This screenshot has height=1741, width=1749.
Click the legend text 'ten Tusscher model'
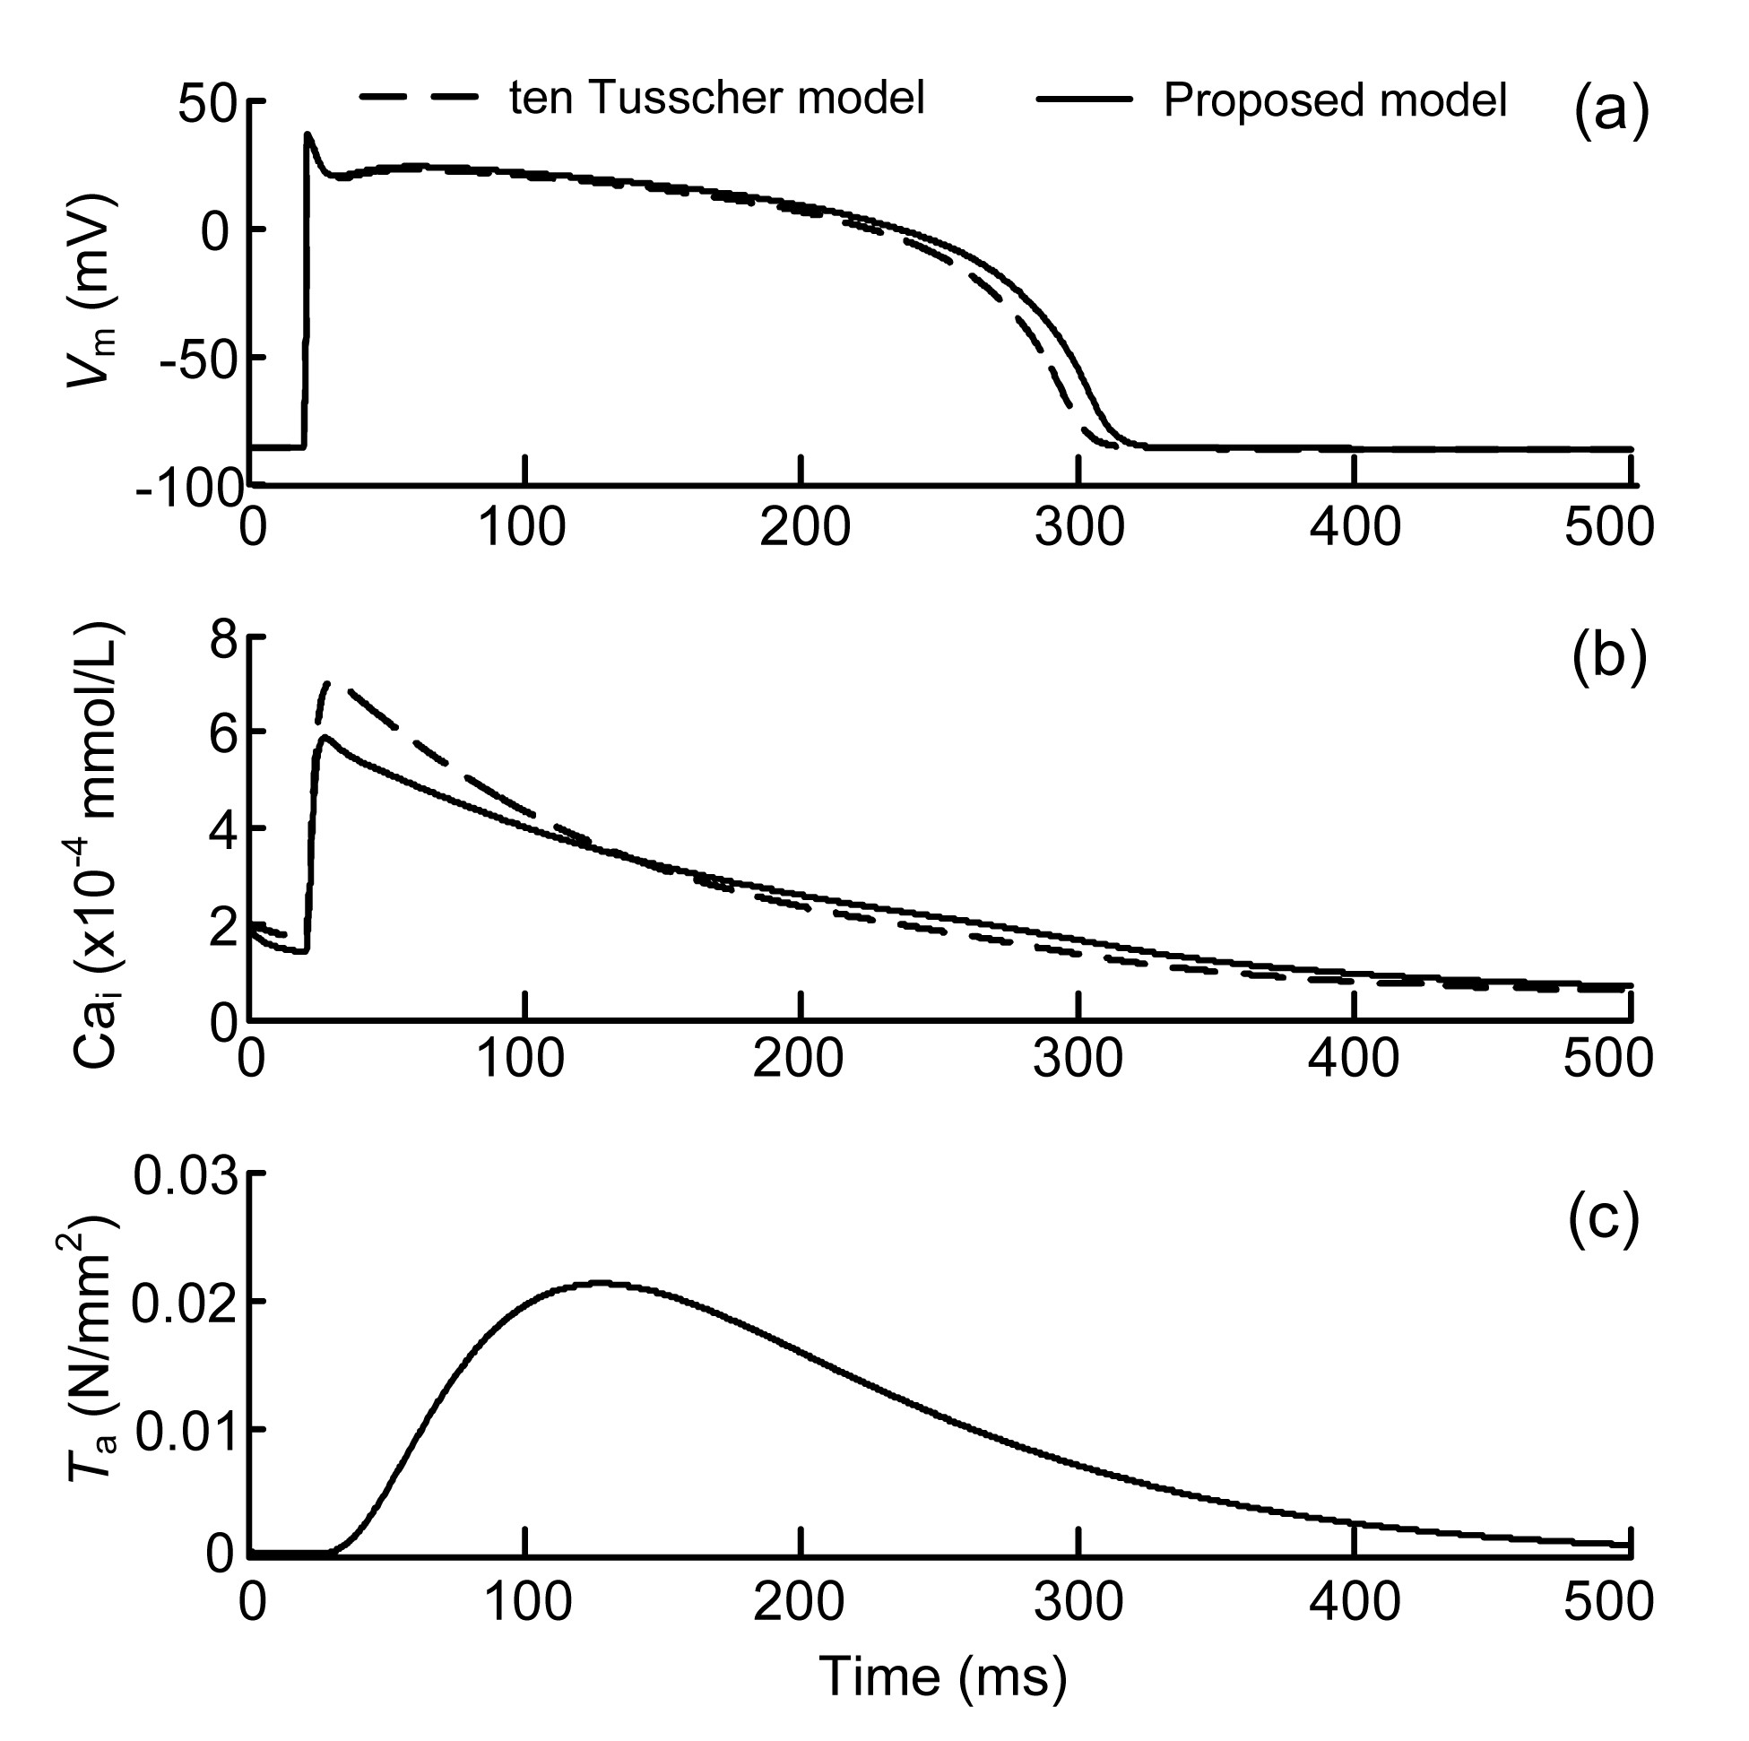coord(716,99)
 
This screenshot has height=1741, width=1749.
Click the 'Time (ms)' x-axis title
coord(942,1676)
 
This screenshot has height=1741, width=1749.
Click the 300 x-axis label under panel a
coord(1079,527)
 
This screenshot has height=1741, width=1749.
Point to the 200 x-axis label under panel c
coord(800,1601)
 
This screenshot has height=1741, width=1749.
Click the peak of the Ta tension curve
coord(600,1283)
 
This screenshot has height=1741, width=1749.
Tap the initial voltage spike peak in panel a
coord(308,134)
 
